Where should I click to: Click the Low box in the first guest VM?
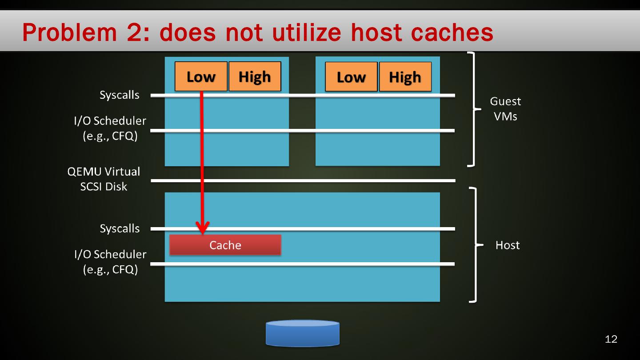click(201, 76)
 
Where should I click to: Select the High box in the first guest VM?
click(255, 76)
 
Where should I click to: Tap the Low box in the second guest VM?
click(351, 77)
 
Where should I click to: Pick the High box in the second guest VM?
click(405, 77)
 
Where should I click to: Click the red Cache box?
click(225, 245)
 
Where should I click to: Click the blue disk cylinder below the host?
click(303, 333)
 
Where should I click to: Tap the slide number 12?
click(611, 339)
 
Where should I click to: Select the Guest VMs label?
click(505, 109)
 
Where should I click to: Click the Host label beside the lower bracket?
click(508, 245)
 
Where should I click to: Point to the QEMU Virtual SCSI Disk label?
click(104, 179)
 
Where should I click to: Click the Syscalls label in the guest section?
click(120, 95)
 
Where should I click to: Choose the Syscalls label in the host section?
click(120, 228)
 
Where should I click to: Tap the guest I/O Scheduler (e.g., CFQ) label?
click(110, 128)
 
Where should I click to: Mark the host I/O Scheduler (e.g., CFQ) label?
click(110, 262)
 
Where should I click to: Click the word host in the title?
click(374, 32)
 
